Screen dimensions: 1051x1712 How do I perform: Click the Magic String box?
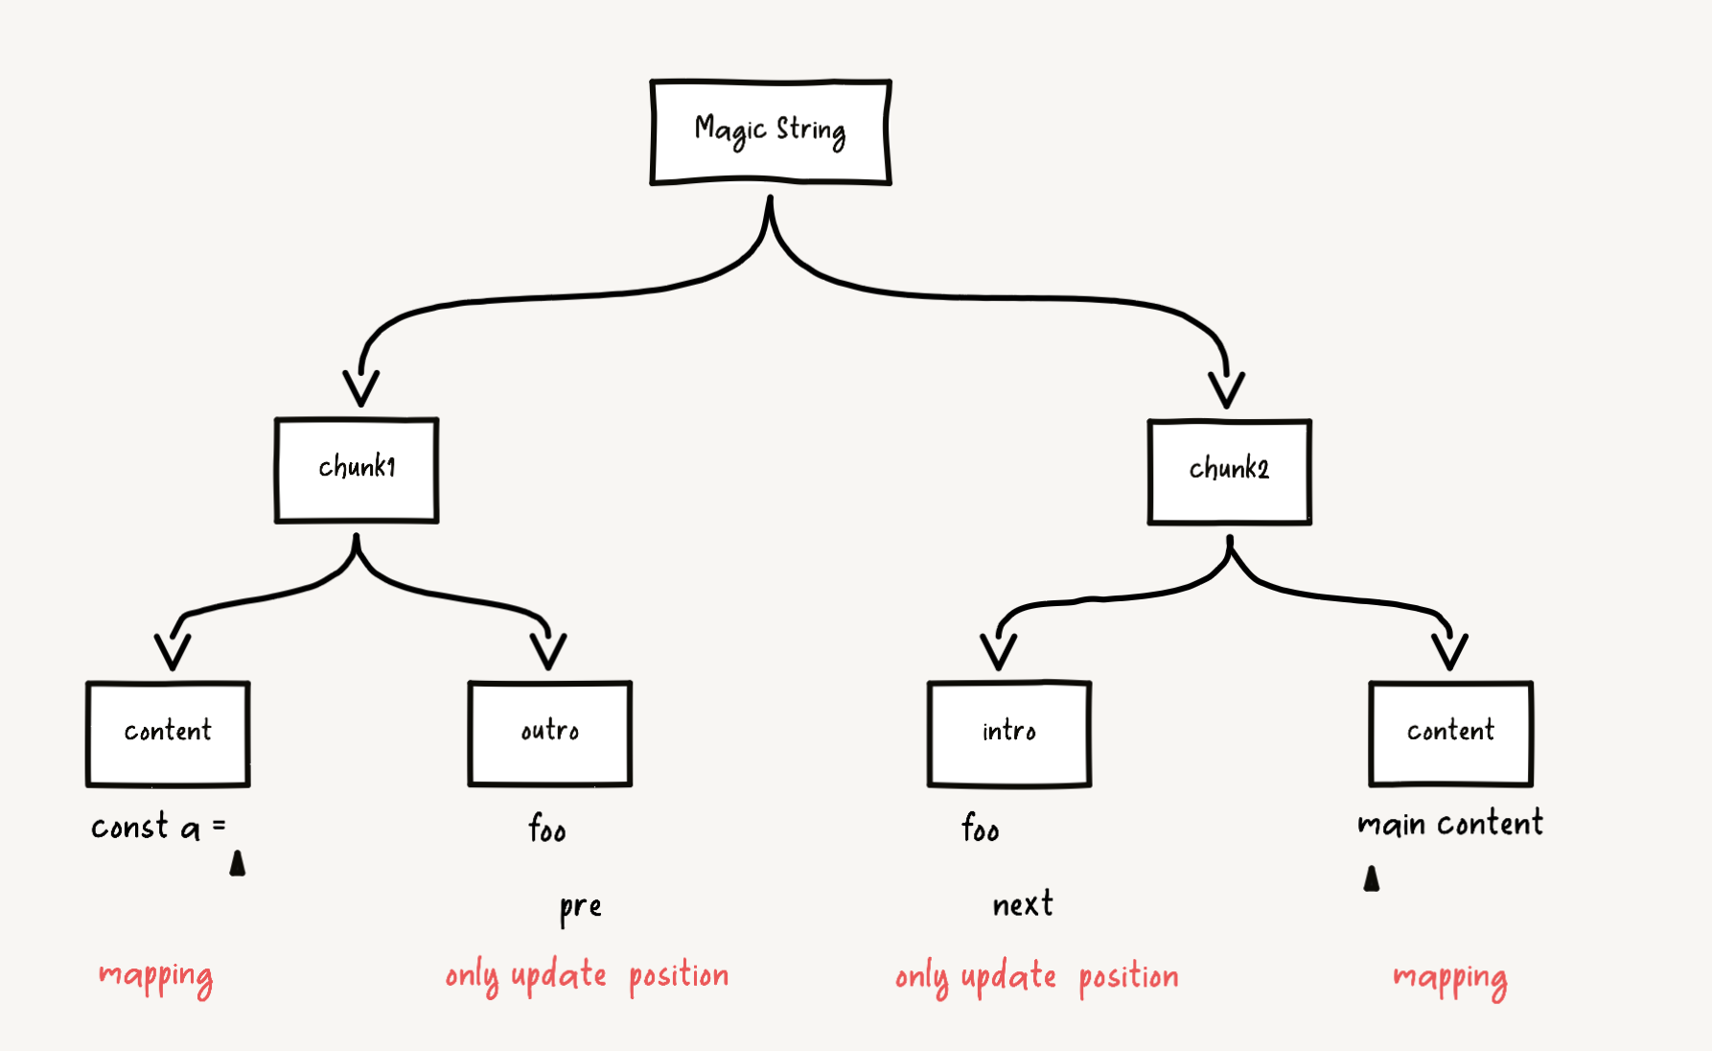(x=771, y=132)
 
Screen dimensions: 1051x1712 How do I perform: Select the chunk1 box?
(x=357, y=470)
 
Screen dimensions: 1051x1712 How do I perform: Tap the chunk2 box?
(x=1229, y=472)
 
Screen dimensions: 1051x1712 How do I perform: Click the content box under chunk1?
(x=168, y=734)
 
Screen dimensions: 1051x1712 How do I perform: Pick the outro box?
(x=549, y=734)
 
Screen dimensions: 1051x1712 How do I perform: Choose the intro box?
(x=1008, y=734)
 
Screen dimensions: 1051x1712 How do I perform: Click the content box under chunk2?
(x=1450, y=734)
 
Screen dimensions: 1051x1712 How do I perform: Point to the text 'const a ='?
(x=158, y=827)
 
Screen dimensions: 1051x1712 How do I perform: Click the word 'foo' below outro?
(x=547, y=828)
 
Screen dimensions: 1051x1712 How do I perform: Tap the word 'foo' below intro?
(x=981, y=828)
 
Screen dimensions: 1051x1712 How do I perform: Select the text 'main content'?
(x=1450, y=824)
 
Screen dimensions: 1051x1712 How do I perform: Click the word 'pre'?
(x=581, y=907)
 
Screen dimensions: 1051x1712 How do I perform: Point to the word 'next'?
(x=1023, y=904)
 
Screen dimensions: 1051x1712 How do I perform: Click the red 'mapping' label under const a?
(x=156, y=977)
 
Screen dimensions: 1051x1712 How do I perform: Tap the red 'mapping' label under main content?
(x=1449, y=979)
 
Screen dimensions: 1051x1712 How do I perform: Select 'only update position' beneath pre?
(x=587, y=976)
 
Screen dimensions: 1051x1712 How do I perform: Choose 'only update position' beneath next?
(x=1036, y=977)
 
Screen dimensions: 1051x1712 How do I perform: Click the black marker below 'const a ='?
(x=238, y=864)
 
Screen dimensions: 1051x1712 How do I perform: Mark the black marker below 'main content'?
(x=1372, y=879)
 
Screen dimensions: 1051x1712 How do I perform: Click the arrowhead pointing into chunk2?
(x=1226, y=390)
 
